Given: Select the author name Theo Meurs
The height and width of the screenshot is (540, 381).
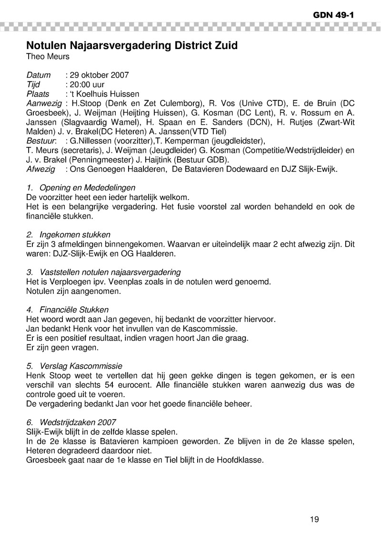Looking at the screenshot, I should (x=48, y=57).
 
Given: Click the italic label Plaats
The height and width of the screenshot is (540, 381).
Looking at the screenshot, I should (x=38, y=94).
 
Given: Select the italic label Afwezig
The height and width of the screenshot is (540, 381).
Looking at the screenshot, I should (x=40, y=170).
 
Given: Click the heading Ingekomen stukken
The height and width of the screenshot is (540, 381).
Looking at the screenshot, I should (x=75, y=234).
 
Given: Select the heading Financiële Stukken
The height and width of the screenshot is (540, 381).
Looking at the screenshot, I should (x=74, y=310).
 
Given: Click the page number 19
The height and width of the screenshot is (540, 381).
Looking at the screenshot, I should (x=314, y=519).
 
